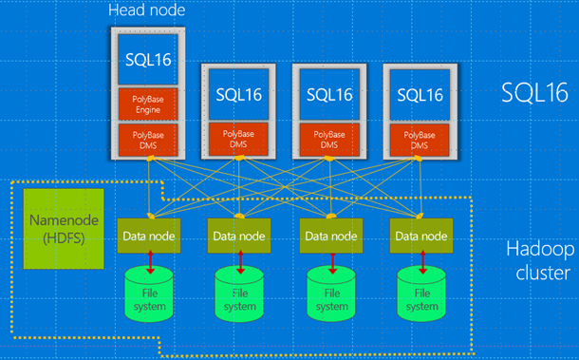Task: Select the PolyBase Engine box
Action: coord(149,104)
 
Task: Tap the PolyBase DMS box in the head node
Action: coord(149,139)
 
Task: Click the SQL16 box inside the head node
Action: coord(149,58)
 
